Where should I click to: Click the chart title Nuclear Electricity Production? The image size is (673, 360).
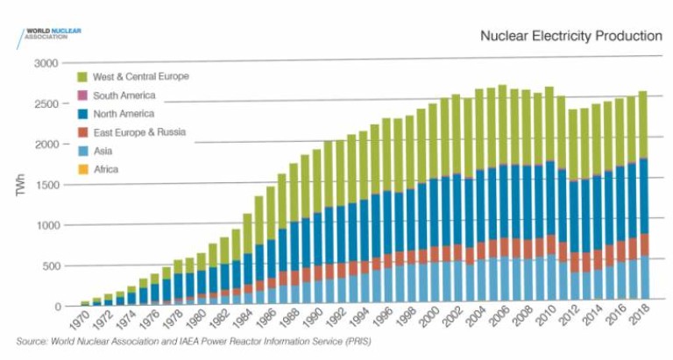[570, 36]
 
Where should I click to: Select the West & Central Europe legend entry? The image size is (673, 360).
[140, 76]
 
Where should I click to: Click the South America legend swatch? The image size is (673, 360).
[82, 95]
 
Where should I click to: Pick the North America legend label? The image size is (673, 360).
[124, 114]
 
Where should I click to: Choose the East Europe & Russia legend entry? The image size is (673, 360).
[139, 133]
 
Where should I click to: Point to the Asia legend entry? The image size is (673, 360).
[104, 152]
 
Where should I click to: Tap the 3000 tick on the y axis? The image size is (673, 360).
[46, 64]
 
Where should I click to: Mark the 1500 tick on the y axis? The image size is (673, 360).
[46, 185]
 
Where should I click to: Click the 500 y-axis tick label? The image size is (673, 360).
[50, 265]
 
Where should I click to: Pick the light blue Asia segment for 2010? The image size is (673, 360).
[549, 279]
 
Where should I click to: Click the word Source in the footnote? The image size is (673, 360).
[32, 340]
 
